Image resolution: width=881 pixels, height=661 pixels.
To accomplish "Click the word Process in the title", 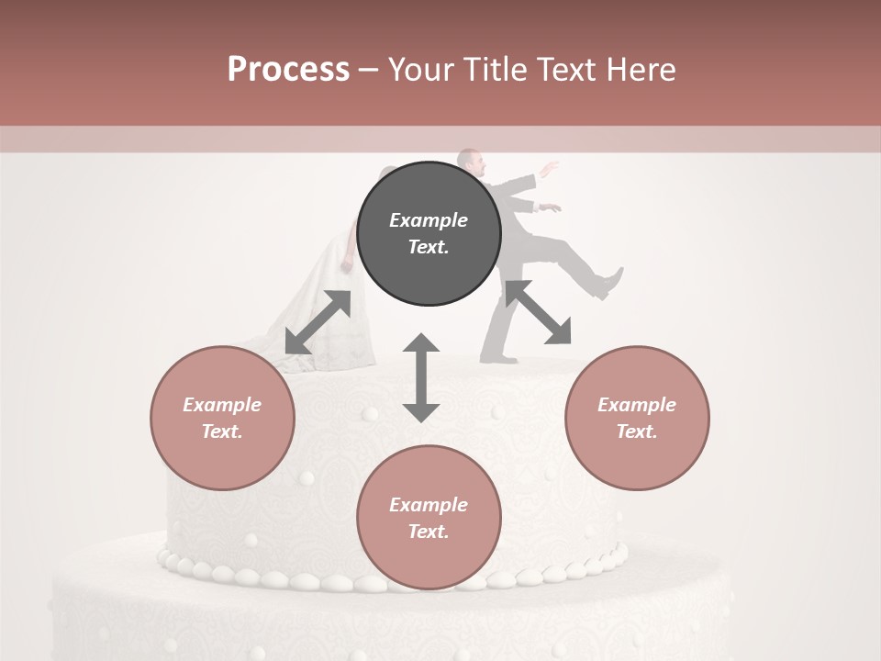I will [x=288, y=70].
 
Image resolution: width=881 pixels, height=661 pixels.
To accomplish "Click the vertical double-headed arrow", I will [x=421, y=377].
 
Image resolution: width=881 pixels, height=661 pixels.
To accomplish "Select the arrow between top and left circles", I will [x=318, y=322].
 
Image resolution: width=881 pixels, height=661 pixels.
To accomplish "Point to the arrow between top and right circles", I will [x=538, y=312].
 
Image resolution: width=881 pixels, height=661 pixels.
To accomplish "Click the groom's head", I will [x=471, y=162].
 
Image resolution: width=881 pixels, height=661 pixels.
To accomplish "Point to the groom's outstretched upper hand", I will [x=551, y=169].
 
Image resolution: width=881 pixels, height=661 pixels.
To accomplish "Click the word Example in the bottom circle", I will [x=429, y=505].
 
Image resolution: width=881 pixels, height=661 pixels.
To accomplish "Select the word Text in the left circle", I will [x=222, y=431].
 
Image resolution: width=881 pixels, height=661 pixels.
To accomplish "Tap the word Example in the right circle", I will [x=637, y=405].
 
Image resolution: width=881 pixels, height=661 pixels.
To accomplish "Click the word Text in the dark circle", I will [x=429, y=247].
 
